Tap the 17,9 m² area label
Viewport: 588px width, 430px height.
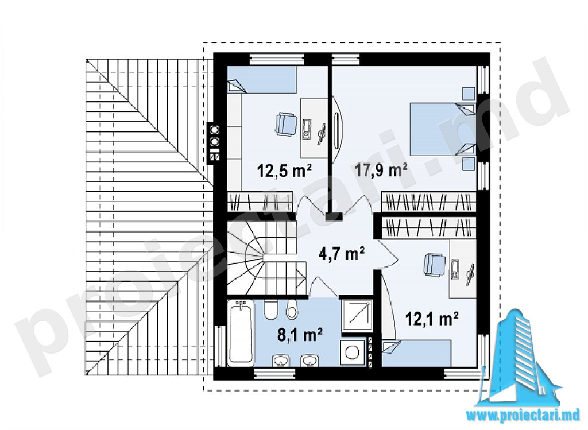click(x=381, y=171)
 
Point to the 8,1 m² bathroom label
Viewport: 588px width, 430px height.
click(x=300, y=335)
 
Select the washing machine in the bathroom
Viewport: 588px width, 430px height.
click(x=353, y=352)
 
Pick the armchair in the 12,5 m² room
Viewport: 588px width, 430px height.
click(x=286, y=123)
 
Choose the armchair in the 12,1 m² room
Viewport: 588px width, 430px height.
click(x=434, y=264)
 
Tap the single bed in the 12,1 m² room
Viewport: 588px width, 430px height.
click(x=416, y=352)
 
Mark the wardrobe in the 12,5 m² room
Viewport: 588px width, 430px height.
click(x=260, y=202)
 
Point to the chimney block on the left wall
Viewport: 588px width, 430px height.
click(x=215, y=144)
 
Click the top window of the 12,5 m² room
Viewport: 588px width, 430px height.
click(x=277, y=59)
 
